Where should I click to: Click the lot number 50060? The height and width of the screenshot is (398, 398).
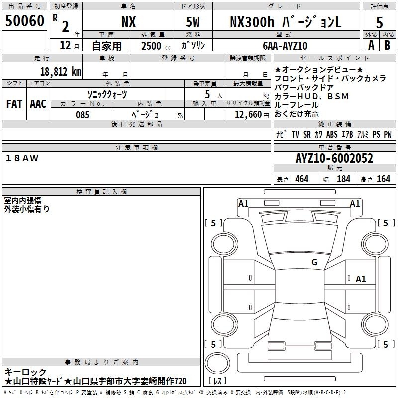(24, 21)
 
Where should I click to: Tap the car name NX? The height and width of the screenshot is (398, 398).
(129, 22)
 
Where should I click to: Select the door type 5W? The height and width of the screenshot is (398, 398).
(193, 22)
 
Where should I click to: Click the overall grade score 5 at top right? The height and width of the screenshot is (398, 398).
(379, 22)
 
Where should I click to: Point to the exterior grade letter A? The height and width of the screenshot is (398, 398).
(371, 45)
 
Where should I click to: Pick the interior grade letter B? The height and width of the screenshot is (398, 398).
(387, 45)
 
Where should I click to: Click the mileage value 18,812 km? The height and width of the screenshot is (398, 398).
(61, 72)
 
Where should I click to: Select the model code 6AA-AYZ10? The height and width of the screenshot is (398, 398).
(285, 46)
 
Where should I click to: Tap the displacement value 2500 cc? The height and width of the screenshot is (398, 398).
(156, 46)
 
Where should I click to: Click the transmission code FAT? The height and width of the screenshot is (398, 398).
(14, 104)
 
